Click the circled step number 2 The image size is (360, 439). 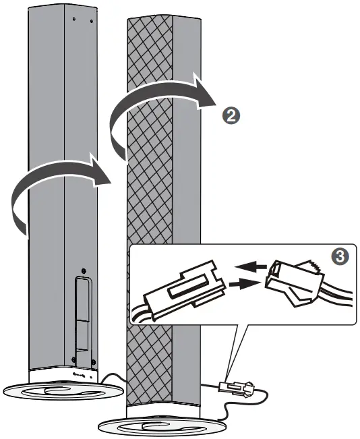(231, 115)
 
